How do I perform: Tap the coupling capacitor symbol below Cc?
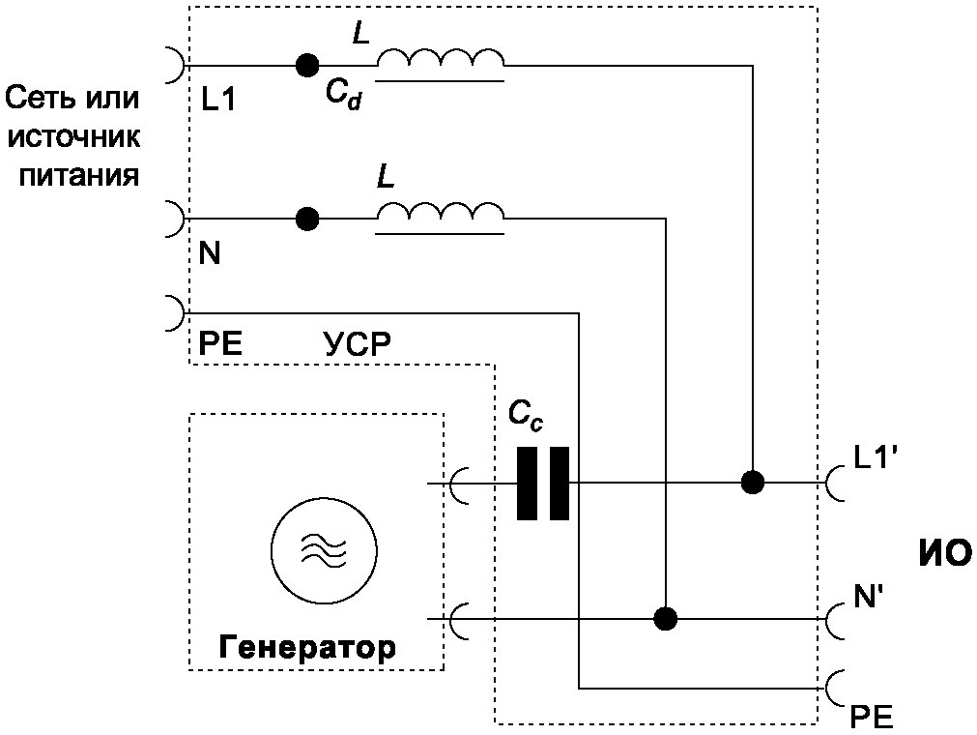point(542,483)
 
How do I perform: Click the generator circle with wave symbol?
point(320,548)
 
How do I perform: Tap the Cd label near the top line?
point(343,94)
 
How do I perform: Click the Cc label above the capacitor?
point(527,415)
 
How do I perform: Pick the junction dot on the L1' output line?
point(750,482)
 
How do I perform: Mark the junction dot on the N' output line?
point(665,618)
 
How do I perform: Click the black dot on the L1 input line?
point(306,66)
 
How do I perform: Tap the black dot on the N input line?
point(306,219)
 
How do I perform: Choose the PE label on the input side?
point(219,344)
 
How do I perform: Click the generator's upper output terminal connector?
point(458,483)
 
